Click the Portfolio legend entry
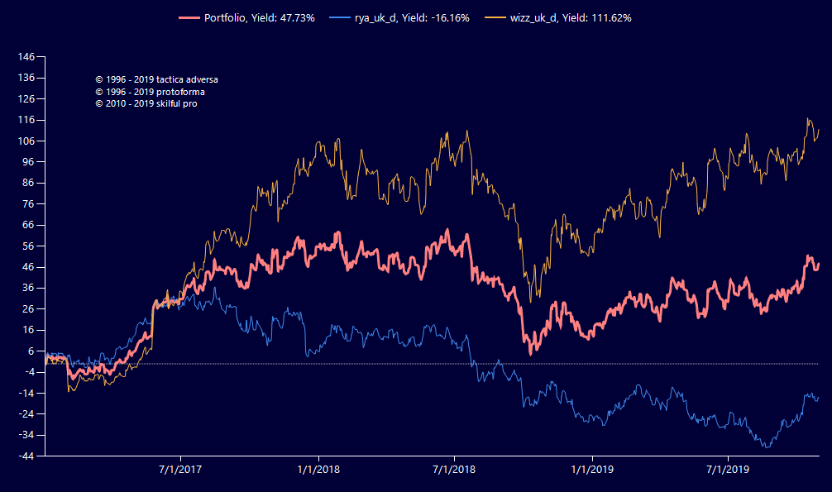[259, 17]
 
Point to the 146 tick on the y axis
[26, 57]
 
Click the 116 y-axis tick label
[26, 120]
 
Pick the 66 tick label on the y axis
[28, 225]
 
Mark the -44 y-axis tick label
[26, 456]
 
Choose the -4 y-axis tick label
[28, 372]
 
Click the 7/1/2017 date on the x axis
[179, 470]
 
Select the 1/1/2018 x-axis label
[318, 470]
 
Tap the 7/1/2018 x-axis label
[454, 470]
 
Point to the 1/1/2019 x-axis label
[592, 470]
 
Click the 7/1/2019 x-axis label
[727, 470]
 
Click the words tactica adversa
[188, 79]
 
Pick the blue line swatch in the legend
[339, 17]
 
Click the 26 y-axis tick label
[28, 309]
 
